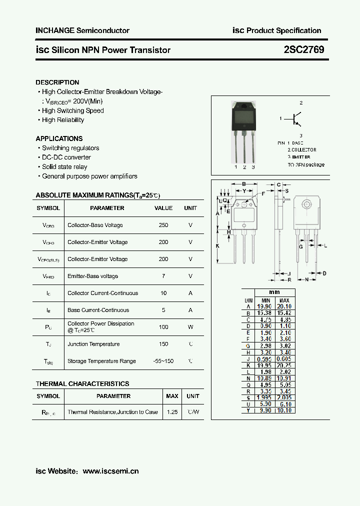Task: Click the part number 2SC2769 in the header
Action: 303,50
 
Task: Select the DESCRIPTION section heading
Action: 57,82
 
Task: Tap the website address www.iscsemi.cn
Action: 110,471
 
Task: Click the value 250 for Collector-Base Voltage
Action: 163,225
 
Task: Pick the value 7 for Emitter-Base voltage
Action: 163,276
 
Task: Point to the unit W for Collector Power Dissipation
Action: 190,327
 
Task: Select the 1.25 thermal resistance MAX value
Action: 172,412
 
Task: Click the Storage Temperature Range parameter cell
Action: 101,361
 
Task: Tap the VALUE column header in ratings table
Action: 163,208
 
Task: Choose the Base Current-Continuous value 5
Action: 163,310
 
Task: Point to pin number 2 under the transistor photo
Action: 244,167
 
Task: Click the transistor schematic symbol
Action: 295,119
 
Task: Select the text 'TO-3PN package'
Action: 305,164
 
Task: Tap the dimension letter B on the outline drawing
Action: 244,184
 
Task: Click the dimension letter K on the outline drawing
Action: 217,246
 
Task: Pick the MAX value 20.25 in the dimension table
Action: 284,365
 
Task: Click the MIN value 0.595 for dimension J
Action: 264,358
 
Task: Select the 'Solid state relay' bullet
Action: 64,166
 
